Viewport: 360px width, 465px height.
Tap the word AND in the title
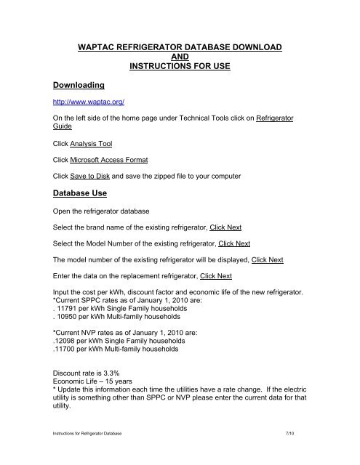coord(179,58)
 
